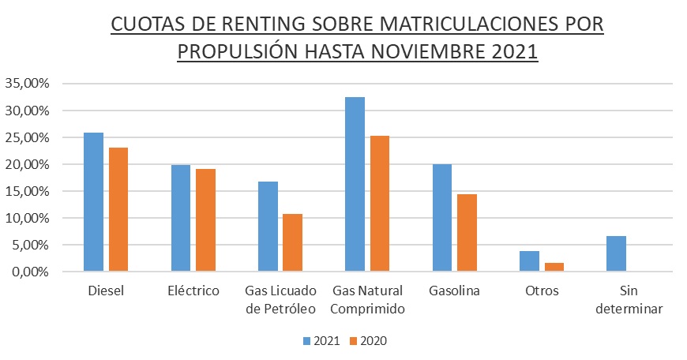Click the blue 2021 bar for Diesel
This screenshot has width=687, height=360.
tap(94, 202)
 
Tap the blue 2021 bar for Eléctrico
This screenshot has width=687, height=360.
tap(181, 218)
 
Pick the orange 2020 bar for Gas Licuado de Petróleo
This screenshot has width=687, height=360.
tap(292, 242)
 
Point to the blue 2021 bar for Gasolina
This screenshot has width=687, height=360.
tap(441, 218)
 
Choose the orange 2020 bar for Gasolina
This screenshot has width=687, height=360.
tap(467, 233)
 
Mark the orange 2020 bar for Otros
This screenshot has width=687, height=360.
tap(554, 267)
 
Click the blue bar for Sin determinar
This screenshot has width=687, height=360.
tap(616, 253)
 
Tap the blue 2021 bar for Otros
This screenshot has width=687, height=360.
tap(528, 261)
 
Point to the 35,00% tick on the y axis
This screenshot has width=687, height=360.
tap(27, 84)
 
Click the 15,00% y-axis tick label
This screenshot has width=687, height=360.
tap(27, 191)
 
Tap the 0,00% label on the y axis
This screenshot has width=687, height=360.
tap(30, 272)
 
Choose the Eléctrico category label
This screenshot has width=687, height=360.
tap(193, 291)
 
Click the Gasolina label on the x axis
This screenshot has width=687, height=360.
tap(454, 291)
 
